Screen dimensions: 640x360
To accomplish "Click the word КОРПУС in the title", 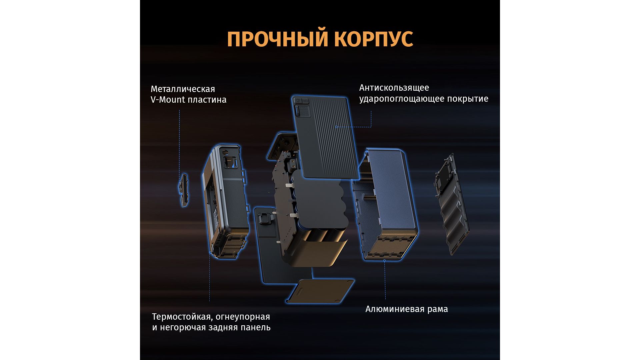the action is point(373,39).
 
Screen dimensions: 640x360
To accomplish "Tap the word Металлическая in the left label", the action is point(183,89).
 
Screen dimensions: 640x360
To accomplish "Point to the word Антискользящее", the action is point(394,88).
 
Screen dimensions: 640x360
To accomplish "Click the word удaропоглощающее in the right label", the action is point(402,99).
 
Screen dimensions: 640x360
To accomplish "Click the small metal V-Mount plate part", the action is point(183,190).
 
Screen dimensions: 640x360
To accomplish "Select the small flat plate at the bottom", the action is point(320,291).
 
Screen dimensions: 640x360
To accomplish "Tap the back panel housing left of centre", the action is point(226,202).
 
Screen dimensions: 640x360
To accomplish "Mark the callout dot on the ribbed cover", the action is point(337,127).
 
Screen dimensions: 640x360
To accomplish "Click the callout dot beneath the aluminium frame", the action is point(384,260).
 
